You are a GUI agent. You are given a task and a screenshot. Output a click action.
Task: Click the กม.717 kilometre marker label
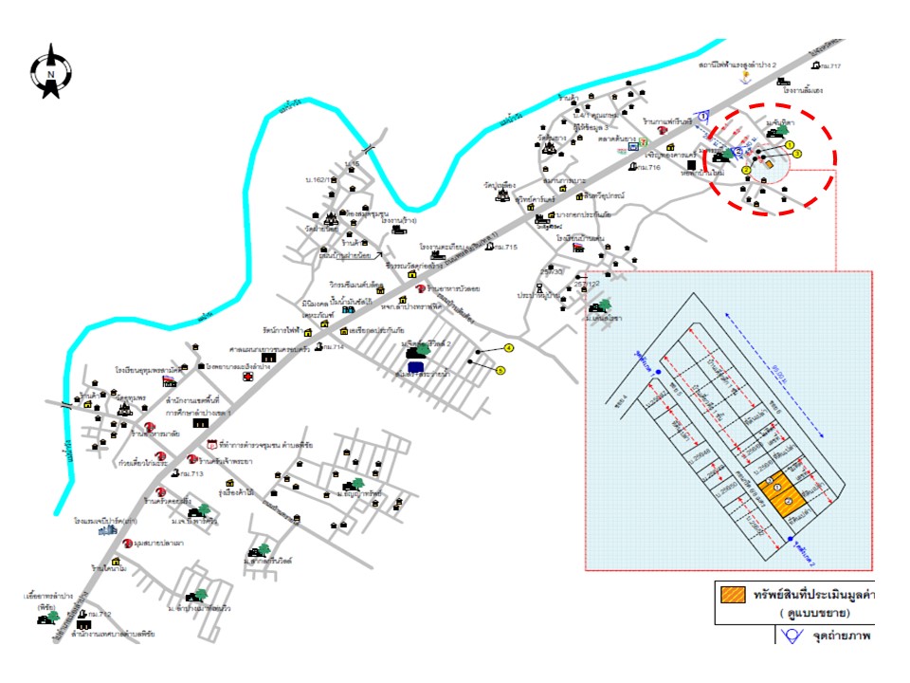pyautogui.click(x=831, y=65)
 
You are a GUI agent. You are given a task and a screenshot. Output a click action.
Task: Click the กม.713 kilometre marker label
pyautogui.click(x=191, y=473)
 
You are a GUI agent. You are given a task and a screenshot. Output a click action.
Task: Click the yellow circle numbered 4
pyautogui.click(x=508, y=349)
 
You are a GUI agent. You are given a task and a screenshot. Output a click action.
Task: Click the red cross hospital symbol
pyautogui.click(x=247, y=377)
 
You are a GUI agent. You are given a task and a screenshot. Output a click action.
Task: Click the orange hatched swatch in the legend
pyautogui.click(x=733, y=596)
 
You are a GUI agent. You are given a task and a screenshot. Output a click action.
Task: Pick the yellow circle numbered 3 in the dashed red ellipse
pyautogui.click(x=797, y=154)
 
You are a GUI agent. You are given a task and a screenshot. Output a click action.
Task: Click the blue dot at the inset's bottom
pyautogui.click(x=791, y=542)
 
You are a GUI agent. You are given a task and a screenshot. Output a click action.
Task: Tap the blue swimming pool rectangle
pyautogui.click(x=415, y=367)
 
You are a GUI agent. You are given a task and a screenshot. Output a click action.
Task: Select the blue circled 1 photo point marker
pyautogui.click(x=703, y=115)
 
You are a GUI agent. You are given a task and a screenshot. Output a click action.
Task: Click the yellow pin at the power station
pyautogui.click(x=747, y=74)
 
